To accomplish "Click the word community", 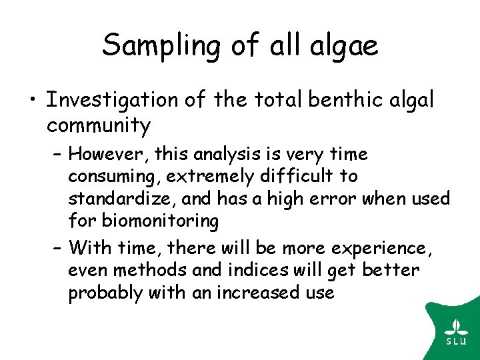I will pos(99,125).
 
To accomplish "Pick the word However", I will pos(108,155).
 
